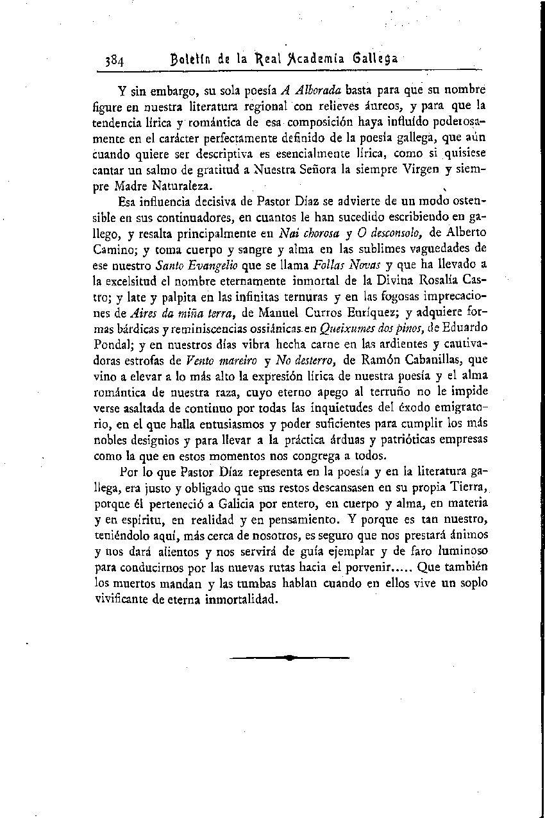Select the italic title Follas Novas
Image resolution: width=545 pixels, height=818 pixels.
click(349, 264)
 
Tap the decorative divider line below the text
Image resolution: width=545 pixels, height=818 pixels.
click(289, 658)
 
